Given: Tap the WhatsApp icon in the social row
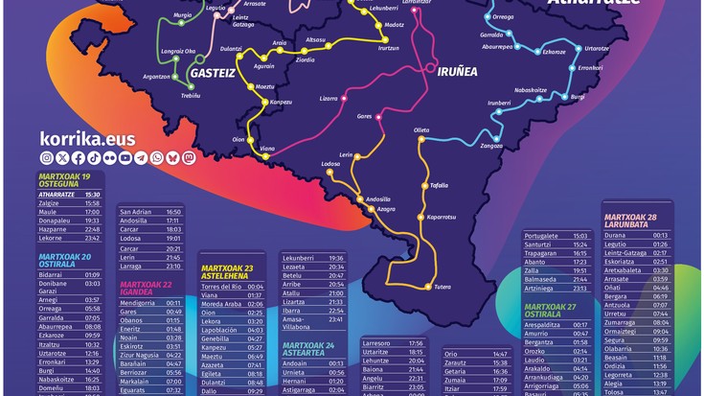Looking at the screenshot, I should (157, 157).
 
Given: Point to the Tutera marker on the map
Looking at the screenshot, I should (442, 287).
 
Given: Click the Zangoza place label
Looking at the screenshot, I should (491, 146).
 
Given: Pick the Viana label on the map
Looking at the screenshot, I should (267, 149).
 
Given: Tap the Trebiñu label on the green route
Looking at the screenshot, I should (191, 94).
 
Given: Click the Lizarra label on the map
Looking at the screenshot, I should (329, 98).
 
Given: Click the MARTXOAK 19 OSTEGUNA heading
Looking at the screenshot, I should (65, 181).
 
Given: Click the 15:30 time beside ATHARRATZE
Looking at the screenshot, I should (92, 195).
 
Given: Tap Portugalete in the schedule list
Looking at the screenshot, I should (543, 236).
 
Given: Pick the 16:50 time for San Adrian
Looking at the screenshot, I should (173, 212).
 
